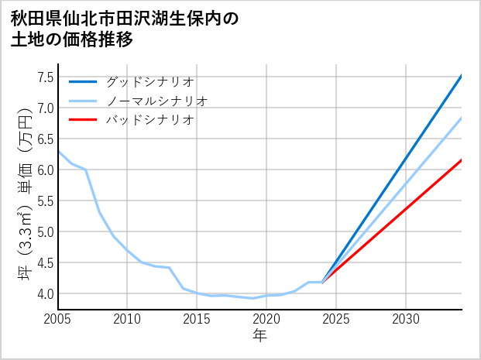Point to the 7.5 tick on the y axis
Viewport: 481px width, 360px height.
tap(45, 77)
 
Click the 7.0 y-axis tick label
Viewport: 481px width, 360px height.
tap(45, 108)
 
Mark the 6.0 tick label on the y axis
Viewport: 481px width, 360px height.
tap(45, 170)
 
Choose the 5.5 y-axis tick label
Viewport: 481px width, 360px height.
tap(45, 201)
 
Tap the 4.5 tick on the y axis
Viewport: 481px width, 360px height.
tap(45, 262)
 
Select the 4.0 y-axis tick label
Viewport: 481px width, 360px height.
tap(45, 293)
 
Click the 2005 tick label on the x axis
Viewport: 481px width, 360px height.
tap(57, 319)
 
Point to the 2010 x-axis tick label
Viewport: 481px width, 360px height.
tap(127, 319)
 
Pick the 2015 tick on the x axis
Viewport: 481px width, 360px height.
tap(197, 319)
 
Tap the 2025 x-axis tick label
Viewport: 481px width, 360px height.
tap(336, 319)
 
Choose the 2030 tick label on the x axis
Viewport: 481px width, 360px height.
tap(406, 319)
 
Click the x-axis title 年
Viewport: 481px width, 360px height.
tap(259, 336)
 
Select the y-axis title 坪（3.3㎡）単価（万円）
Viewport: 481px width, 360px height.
tap(25, 194)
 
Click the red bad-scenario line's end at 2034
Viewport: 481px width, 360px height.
tap(462, 160)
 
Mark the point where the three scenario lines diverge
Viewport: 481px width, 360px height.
tap(322, 282)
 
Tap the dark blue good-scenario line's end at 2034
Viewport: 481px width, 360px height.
tap(462, 76)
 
